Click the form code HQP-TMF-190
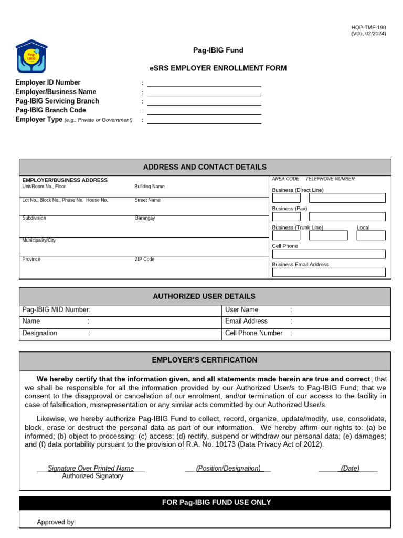tap(368, 27)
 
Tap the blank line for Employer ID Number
tap(204, 83)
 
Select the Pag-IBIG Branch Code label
tap(50, 110)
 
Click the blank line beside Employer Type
tap(204, 120)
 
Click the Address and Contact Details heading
tap(205, 167)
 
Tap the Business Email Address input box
tap(328, 273)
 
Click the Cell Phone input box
tap(328, 254)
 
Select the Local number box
tap(370, 235)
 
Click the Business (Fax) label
tap(290, 209)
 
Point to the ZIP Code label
tap(145, 260)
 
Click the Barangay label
tap(145, 218)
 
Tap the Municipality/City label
tap(39, 240)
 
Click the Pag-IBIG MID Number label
tap(56, 310)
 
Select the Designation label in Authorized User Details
tap(40, 333)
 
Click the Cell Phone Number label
tap(253, 333)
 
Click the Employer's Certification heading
tap(205, 360)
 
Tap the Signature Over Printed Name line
tap(91, 468)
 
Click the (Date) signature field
tap(349, 468)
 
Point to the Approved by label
tap(56, 522)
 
